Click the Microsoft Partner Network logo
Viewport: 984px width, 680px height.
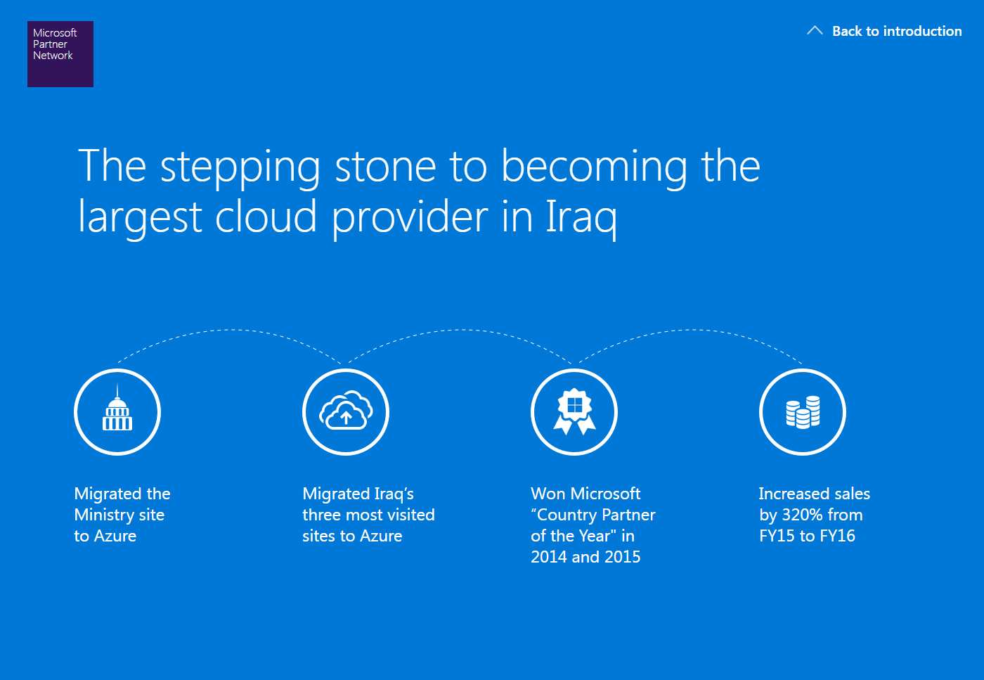tap(60, 54)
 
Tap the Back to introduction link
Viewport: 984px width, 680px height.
tap(897, 31)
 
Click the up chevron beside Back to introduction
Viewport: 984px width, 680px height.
tap(815, 30)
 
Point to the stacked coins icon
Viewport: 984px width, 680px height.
tap(803, 412)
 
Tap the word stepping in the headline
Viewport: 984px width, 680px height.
tap(240, 168)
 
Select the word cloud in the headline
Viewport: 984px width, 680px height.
tap(266, 216)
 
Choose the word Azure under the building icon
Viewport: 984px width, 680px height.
tap(115, 536)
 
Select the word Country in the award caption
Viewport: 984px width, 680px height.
tap(567, 515)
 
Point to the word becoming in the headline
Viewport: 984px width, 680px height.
tap(595, 168)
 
